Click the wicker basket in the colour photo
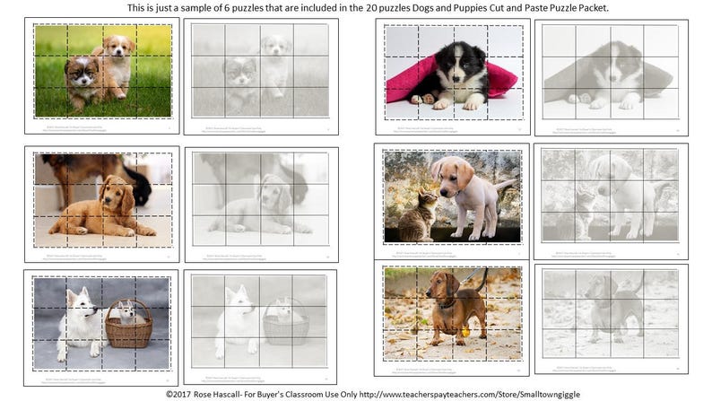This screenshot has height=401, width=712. [x=129, y=328]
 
